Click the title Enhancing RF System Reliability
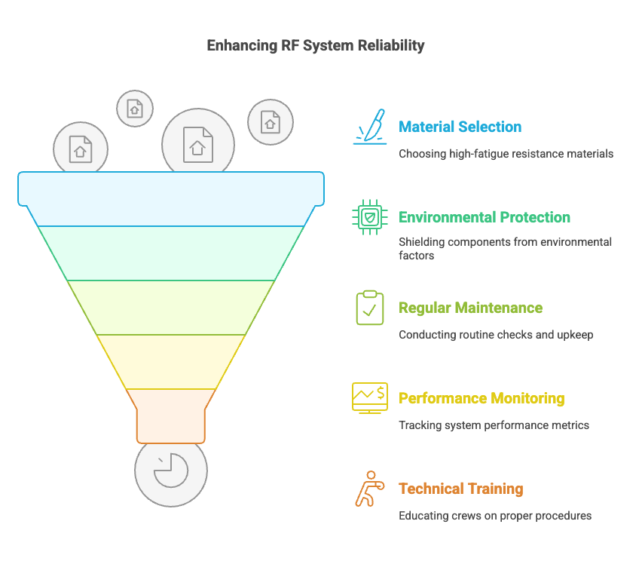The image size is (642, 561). click(316, 45)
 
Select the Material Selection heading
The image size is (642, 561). click(460, 127)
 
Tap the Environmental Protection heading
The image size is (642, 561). click(485, 217)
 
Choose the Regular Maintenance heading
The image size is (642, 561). click(470, 308)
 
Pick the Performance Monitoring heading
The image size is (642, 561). click(481, 398)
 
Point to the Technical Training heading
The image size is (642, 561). click(461, 489)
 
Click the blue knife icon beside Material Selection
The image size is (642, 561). click(370, 127)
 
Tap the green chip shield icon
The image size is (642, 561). click(370, 217)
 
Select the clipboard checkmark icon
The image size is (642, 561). click(370, 308)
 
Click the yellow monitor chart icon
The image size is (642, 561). click(370, 398)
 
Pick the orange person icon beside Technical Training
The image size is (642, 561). click(370, 489)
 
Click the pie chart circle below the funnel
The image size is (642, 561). click(171, 475)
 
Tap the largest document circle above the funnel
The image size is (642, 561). click(198, 139)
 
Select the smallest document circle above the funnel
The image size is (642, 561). click(135, 109)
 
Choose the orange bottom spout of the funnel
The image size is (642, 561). click(171, 416)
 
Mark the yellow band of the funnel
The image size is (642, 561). click(171, 362)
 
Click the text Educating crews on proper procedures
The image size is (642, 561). click(495, 516)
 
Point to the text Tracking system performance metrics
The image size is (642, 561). click(494, 425)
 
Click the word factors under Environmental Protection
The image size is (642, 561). click(417, 256)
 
